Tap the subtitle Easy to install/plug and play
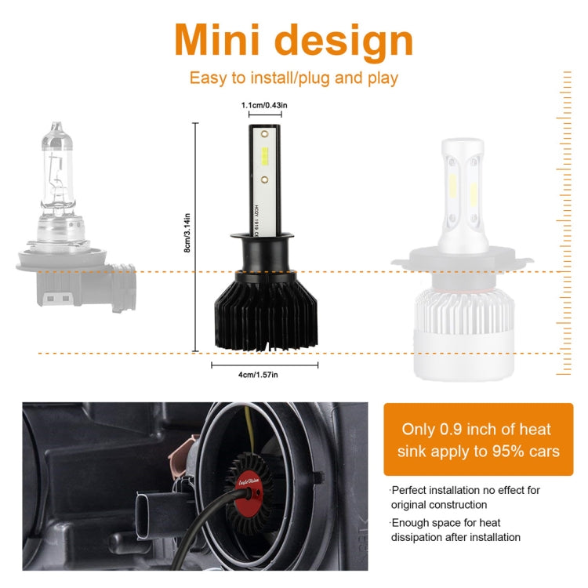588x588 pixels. click(x=294, y=78)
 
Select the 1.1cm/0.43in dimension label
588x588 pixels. click(x=264, y=104)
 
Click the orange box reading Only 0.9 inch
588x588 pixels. click(x=477, y=439)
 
